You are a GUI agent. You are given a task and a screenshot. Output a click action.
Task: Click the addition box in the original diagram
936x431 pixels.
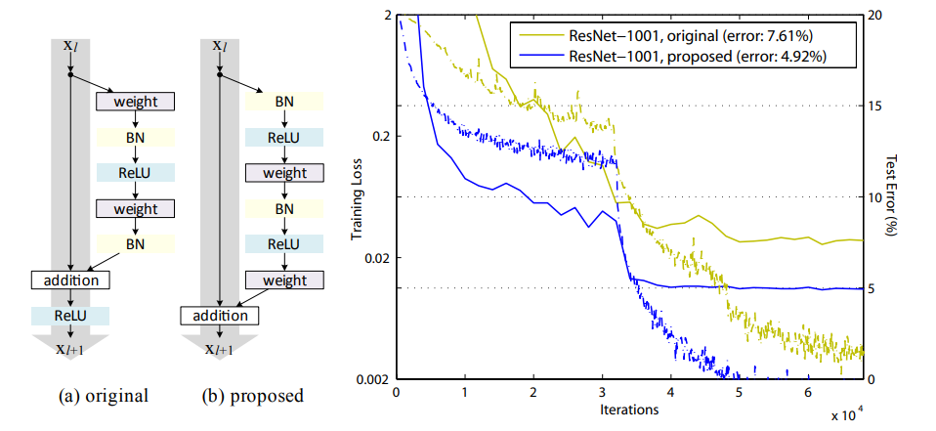[x=71, y=280]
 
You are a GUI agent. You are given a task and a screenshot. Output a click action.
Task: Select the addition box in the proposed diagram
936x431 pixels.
[x=220, y=316]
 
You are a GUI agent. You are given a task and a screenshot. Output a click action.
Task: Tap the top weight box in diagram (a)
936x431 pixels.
[x=135, y=101]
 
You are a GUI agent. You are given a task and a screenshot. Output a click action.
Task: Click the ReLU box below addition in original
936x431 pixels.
[x=70, y=316]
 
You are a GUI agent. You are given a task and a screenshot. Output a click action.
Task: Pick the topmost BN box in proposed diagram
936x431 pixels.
[x=284, y=101]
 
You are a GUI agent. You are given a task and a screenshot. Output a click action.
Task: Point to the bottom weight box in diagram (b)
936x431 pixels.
[x=284, y=280]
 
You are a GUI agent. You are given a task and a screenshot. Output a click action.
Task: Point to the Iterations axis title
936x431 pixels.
[x=629, y=410]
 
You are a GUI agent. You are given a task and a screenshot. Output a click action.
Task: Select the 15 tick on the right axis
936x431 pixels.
[x=876, y=106]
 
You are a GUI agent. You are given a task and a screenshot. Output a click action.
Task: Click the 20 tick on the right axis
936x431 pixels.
[x=876, y=16]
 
